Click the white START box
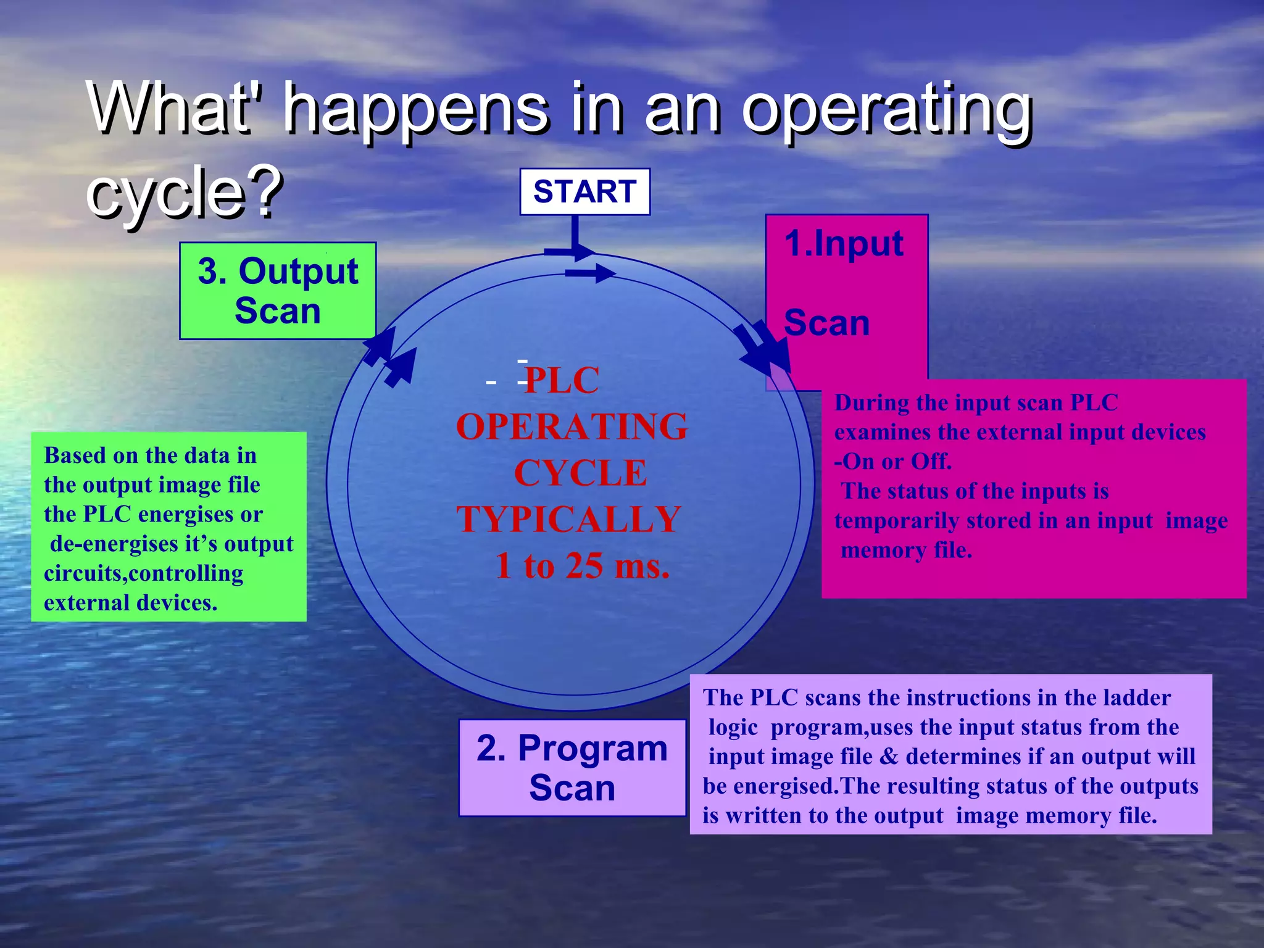coord(584,191)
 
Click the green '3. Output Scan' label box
coord(278,291)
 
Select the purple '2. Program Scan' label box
coord(572,768)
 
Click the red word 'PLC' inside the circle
coord(562,380)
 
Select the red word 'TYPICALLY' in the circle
coord(568,519)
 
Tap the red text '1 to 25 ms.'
coord(582,565)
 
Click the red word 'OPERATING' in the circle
coord(572,426)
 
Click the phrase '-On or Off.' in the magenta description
coord(892,462)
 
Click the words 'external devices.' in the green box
coord(130,603)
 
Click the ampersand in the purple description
coord(889,757)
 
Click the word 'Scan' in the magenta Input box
coord(826,323)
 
